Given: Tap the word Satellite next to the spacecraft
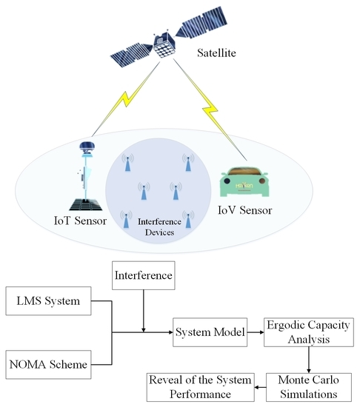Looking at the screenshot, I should coord(223,53).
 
